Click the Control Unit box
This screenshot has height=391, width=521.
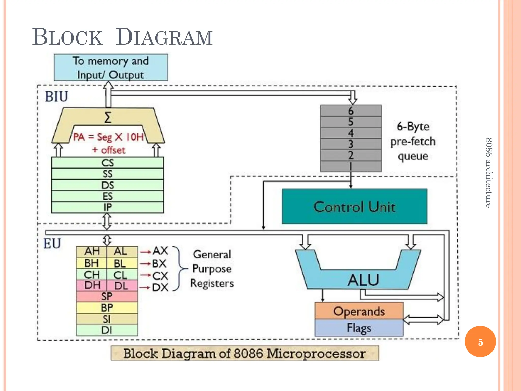pos(354,206)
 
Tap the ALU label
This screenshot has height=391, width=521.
pos(363,280)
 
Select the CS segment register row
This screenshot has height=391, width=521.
pos(107,163)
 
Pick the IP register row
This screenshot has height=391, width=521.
pos(107,207)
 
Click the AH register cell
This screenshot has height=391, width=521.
pos(92,251)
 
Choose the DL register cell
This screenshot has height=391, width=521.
pos(121,286)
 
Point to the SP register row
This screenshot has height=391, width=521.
pos(107,297)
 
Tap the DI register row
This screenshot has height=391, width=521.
pos(107,330)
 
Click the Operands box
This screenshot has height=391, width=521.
pos(359,311)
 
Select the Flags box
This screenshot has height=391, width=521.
pos(359,328)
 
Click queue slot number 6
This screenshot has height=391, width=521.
pos(351,111)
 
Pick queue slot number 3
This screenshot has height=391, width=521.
pos(351,144)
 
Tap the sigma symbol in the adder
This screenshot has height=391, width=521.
pos(108,118)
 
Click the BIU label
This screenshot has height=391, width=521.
pos(56,97)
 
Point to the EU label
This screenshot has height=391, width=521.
pos(52,243)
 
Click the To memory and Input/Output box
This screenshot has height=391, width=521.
pos(111,68)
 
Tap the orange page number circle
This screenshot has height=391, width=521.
pos(480,342)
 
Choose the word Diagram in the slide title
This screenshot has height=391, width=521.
pos(164,37)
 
